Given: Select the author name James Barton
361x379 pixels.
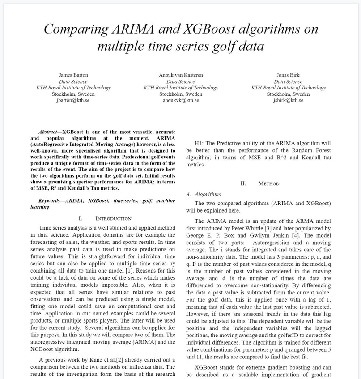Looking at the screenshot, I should tap(73, 75).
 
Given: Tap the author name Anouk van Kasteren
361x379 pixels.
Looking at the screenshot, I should tap(181, 75).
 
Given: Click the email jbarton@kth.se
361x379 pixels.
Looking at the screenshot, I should tap(73, 100).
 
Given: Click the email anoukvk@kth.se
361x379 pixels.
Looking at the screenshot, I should tap(181, 100).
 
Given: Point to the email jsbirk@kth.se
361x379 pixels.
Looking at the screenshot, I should tap(288, 100).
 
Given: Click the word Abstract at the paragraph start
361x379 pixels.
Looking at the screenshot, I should tap(48, 132).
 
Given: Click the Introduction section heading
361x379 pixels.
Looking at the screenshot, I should tap(113, 218).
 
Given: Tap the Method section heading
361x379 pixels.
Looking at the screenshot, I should tap(268, 183).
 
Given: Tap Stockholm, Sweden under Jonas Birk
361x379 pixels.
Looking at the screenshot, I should tap(288, 94).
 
